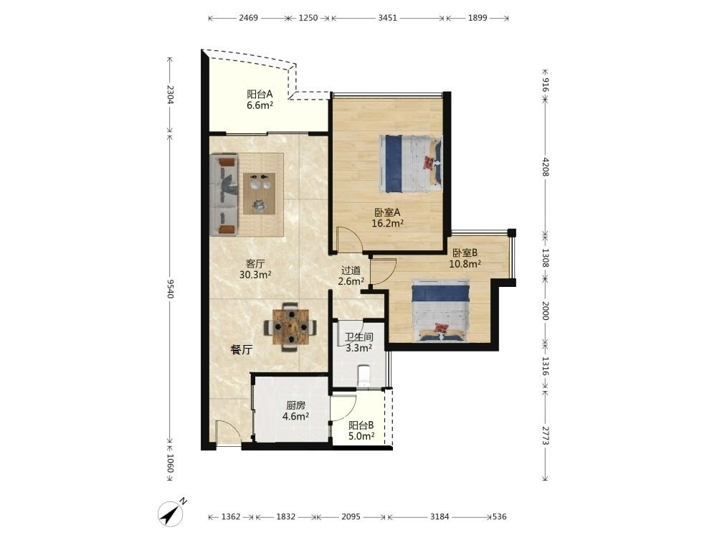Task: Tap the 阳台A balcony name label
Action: [x=260, y=94]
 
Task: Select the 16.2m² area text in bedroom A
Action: [x=388, y=224]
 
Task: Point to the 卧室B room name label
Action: [x=465, y=253]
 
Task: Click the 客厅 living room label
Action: [x=255, y=264]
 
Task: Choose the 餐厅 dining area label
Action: [x=242, y=350]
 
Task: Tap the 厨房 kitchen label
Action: [x=296, y=405]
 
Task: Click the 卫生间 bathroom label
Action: [x=359, y=337]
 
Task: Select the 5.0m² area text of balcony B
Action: [x=361, y=436]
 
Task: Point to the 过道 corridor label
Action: [x=351, y=270]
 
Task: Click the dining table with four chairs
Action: [x=290, y=326]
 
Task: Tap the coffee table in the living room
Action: [x=260, y=193]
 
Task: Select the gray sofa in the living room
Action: [x=224, y=195]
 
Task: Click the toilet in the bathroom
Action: [x=364, y=376]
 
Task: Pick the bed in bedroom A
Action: [x=411, y=164]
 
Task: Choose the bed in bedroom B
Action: [x=441, y=310]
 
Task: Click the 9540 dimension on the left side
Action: [x=170, y=288]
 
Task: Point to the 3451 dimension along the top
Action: [x=387, y=18]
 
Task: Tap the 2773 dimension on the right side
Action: [x=545, y=435]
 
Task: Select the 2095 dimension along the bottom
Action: [x=351, y=516]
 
